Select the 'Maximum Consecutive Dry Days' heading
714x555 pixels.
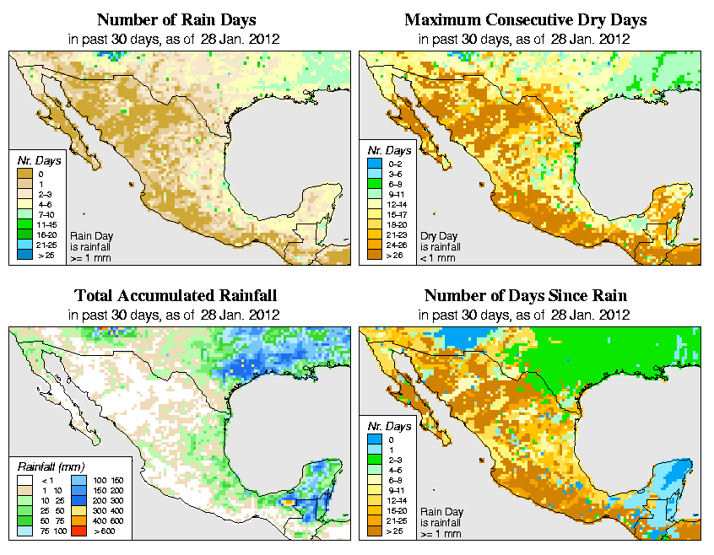[526, 19]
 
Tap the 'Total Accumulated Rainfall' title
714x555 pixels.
[176, 296]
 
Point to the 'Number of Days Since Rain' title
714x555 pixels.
[526, 296]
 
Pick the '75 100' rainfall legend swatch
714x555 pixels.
[25, 532]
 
